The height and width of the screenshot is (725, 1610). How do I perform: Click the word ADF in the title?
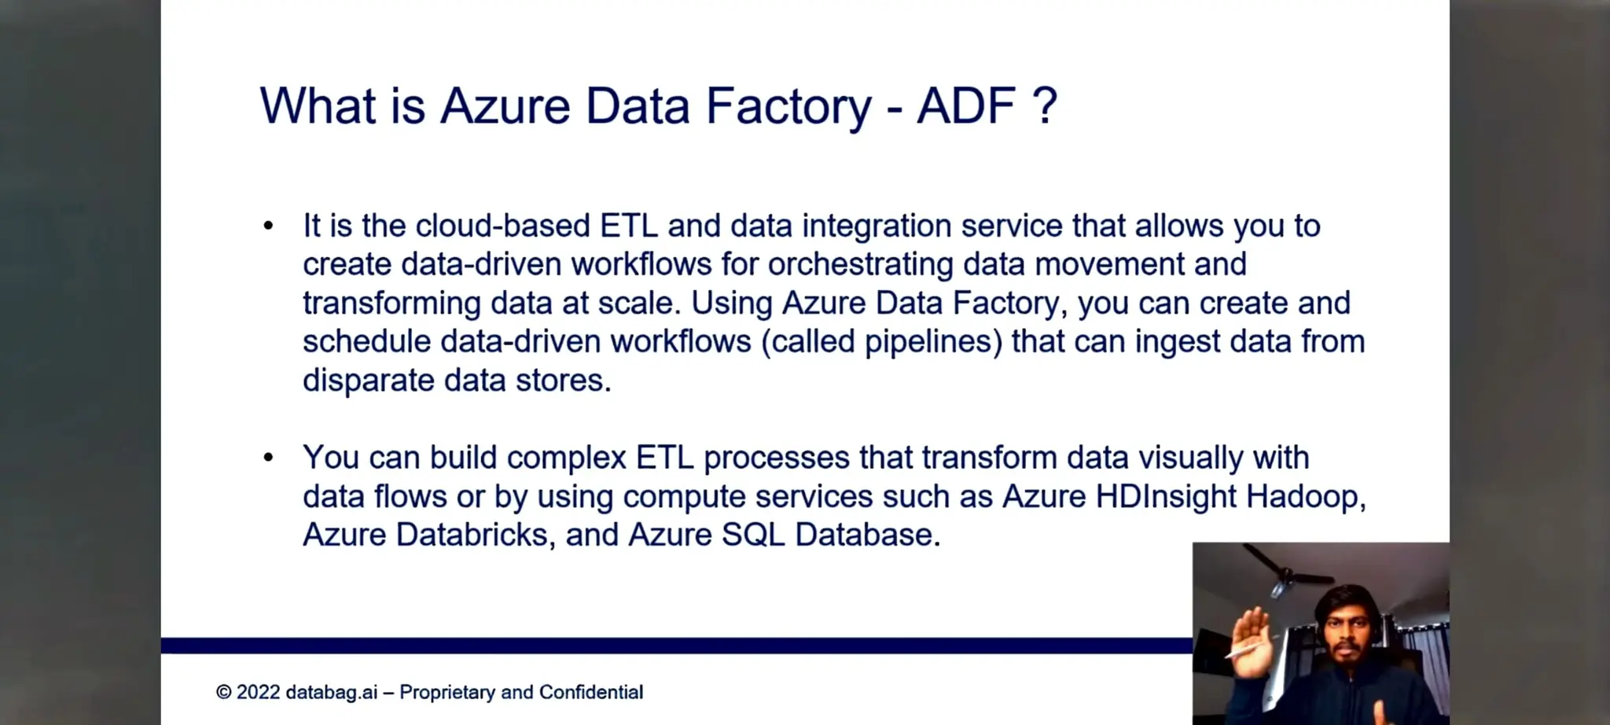[x=966, y=106]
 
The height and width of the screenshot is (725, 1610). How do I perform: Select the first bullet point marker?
[x=269, y=226]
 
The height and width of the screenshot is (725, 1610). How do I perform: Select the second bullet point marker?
[x=269, y=458]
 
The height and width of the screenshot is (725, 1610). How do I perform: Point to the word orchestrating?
[x=860, y=265]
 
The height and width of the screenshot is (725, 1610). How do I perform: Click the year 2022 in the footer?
[x=258, y=693]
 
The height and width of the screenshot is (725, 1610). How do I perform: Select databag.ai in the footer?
[x=331, y=693]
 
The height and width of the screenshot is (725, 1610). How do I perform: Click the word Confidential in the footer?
[x=590, y=693]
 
